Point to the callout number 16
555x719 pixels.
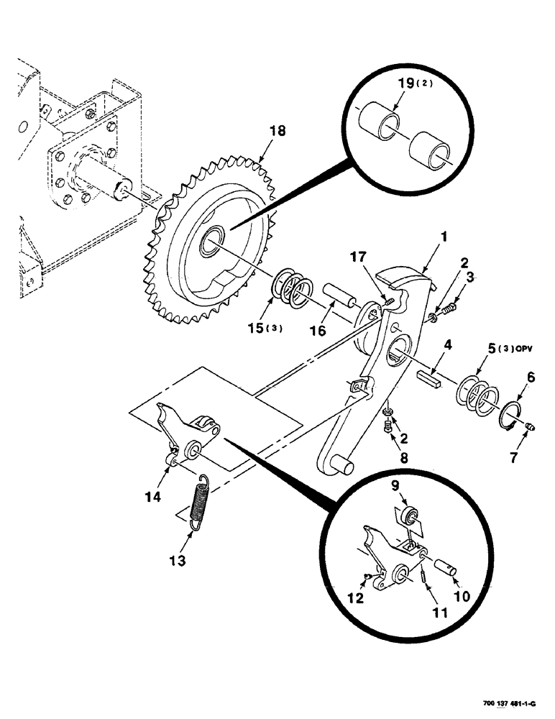coord(316,330)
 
